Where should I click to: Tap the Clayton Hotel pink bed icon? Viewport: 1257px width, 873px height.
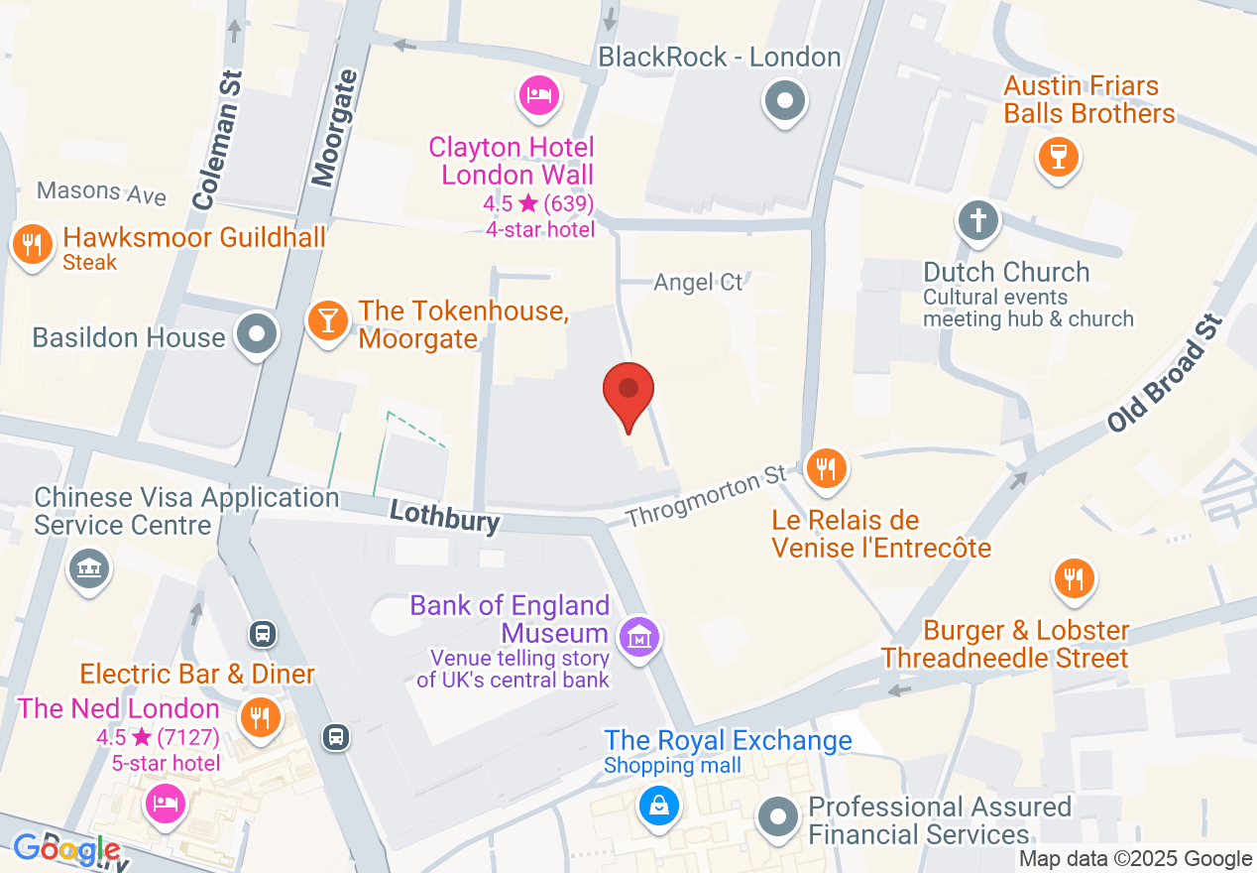539,96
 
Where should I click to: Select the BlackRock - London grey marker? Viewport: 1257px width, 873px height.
785,100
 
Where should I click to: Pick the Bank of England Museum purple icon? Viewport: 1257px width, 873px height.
639,636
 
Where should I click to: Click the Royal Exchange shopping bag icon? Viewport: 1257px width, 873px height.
658,804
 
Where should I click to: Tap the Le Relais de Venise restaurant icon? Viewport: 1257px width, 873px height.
824,466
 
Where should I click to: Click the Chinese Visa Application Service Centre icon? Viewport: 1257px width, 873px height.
89,567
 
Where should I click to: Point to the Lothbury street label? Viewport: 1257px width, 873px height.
444,516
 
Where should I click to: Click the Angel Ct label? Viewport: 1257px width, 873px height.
698,283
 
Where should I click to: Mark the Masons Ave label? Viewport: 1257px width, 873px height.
101,191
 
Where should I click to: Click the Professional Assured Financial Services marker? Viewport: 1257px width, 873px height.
777,818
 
